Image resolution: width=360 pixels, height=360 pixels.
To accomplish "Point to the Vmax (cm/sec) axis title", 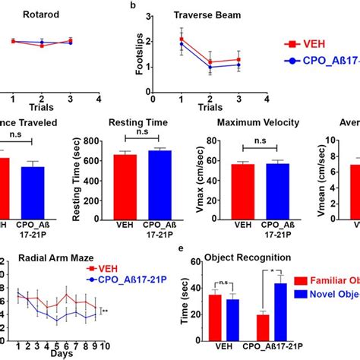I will (194, 178).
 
